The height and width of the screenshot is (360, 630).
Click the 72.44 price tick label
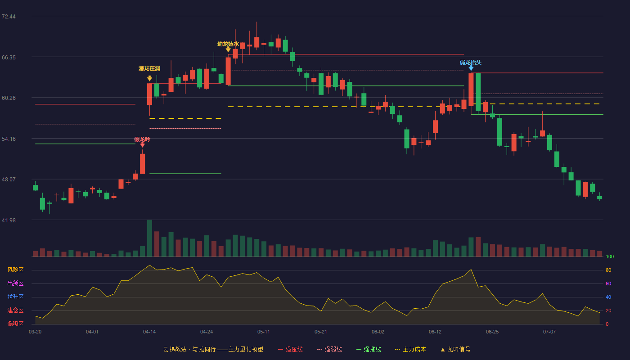[9, 17]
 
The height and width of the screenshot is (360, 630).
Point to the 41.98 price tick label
[9, 220]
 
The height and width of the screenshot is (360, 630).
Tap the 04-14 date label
[149, 332]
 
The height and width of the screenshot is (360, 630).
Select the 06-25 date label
[492, 332]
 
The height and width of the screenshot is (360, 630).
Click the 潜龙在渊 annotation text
[149, 68]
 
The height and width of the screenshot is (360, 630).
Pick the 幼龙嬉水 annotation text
[228, 44]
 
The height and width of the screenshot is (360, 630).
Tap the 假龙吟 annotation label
[142, 139]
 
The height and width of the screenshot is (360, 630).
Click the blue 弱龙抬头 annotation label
[471, 63]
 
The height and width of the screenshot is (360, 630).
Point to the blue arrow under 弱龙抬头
[471, 68]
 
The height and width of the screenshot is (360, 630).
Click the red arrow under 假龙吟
[142, 145]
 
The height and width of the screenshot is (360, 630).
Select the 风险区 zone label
[15, 270]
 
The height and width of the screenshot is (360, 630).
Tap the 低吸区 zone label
[15, 324]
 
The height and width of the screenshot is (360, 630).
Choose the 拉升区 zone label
[15, 297]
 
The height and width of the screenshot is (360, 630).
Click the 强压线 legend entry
[290, 349]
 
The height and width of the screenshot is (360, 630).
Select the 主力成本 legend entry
[410, 349]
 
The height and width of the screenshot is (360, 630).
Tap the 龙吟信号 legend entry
[455, 349]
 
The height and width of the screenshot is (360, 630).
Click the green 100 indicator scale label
[610, 257]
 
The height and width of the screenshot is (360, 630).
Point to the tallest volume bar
[149, 238]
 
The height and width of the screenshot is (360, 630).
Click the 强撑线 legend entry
[369, 349]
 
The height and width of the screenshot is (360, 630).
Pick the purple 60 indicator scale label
[608, 283]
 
